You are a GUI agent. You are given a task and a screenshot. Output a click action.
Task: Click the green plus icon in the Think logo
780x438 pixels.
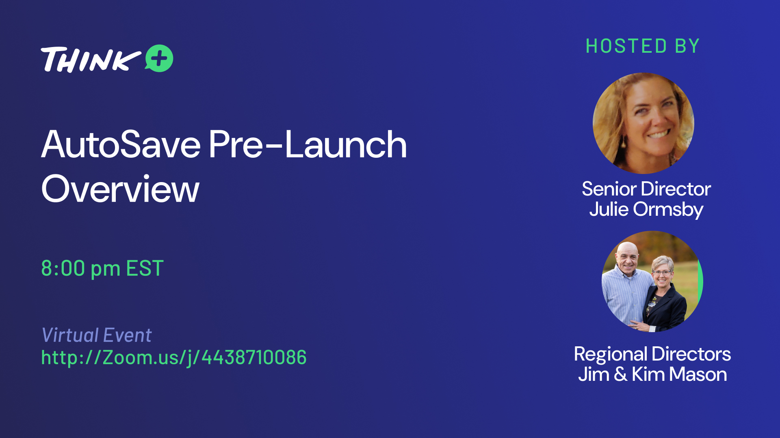159,58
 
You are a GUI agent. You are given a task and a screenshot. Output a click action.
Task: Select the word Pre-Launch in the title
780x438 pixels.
308,145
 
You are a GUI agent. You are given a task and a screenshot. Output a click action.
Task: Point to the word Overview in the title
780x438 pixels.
120,189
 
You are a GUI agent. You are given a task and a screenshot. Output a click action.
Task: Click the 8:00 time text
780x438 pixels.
63,268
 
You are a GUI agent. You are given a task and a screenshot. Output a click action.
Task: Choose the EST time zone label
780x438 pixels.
145,268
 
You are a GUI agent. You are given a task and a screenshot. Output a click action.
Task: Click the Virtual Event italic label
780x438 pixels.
97,335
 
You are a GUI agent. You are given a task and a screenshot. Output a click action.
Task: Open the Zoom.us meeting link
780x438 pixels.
174,358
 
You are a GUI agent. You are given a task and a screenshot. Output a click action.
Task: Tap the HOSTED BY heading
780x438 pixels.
643,46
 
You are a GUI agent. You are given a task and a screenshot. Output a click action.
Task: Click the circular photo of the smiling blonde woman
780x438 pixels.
643,123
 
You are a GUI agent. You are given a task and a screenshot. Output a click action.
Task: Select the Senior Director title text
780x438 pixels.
646,189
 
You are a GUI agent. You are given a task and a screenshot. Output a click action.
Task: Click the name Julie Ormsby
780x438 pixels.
646,210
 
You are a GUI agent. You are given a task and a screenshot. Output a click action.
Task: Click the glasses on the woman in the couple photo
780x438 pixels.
662,273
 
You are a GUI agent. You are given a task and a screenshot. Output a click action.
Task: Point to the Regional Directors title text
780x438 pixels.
652,354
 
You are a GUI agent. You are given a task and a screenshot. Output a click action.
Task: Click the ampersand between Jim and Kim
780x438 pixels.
620,374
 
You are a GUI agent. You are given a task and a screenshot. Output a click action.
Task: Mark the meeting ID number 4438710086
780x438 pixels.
254,357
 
